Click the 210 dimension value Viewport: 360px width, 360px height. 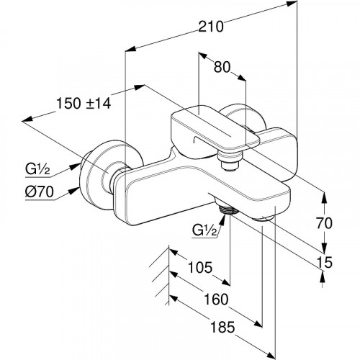(211, 27)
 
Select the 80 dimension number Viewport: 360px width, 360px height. (222, 67)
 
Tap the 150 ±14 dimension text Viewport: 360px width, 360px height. (84, 104)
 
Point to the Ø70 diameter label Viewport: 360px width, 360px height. (39, 192)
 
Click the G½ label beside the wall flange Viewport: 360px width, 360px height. (37, 170)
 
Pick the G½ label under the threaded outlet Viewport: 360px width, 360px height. (204, 231)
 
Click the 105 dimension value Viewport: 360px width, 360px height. (200, 267)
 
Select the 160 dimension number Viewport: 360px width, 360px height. (216, 300)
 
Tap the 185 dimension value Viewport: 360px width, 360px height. (222, 327)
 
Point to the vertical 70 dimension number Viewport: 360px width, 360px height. (324, 223)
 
